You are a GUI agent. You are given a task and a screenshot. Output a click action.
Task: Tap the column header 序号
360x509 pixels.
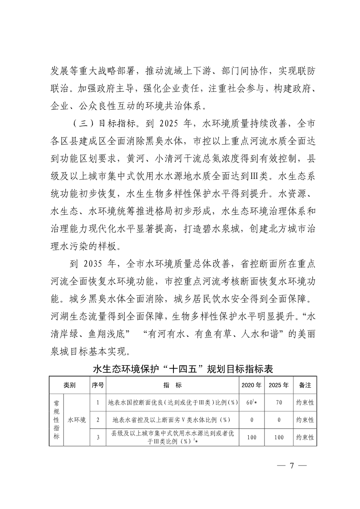coord(98,385)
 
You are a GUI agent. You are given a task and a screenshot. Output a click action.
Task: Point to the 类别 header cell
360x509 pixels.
coord(69,385)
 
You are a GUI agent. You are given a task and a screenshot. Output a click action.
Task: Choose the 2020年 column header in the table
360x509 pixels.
coord(251,385)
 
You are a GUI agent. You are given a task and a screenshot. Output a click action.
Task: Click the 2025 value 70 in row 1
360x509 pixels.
coord(279,403)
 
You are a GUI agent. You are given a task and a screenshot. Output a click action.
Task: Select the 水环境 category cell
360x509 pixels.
coord(77,420)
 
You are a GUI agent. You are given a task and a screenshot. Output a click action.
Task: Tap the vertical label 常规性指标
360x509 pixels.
coord(56,420)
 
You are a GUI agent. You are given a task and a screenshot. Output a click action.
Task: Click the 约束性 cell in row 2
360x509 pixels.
coord(305,420)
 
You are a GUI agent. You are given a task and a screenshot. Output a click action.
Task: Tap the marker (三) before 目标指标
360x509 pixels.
coord(80,123)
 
